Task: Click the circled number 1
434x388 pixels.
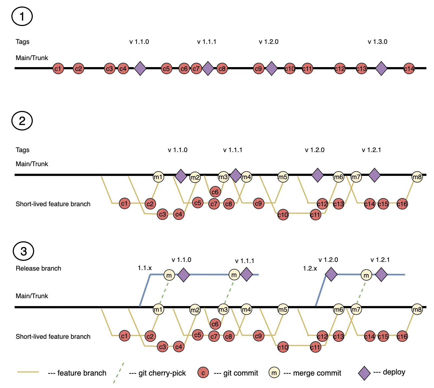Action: point(22,16)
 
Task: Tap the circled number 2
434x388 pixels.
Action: point(22,121)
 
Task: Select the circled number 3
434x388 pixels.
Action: point(24,251)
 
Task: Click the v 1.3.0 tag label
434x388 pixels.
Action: point(377,42)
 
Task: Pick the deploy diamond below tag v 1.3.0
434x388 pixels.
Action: point(381,68)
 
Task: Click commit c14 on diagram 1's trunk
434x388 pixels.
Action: point(409,69)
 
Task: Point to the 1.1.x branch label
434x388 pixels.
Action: point(145,268)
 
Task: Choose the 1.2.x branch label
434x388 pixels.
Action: point(310,268)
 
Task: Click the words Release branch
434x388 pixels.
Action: point(38,268)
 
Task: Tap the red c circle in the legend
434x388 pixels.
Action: point(203,373)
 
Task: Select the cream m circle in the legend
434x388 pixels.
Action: point(274,373)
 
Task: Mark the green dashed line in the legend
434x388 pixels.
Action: point(119,373)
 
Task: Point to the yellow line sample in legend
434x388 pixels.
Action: point(28,372)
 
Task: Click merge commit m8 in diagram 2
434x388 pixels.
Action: point(417,177)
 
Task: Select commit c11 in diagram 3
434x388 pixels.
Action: point(316,347)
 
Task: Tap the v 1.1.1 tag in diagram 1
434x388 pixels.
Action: point(207,42)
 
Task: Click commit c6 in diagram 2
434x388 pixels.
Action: point(215,192)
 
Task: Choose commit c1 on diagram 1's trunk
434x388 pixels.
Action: point(58,69)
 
